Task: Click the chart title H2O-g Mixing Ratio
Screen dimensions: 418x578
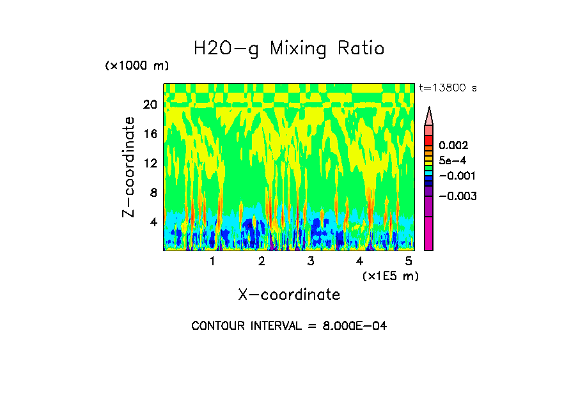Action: click(289, 49)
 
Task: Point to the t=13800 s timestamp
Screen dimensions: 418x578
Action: click(448, 88)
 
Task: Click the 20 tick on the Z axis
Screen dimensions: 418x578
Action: click(150, 105)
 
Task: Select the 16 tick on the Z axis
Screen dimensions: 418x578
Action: click(150, 134)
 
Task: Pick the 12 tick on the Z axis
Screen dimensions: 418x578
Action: click(150, 164)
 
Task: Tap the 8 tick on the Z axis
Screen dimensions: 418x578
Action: click(153, 193)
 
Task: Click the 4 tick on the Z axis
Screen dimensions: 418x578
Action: click(153, 222)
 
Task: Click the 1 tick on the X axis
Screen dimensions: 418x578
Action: click(212, 261)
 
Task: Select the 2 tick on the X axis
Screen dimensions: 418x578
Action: click(262, 261)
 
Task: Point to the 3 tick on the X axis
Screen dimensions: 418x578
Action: click(311, 261)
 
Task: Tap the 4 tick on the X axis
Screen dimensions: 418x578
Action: click(360, 261)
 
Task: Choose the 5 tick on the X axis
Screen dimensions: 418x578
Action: click(409, 261)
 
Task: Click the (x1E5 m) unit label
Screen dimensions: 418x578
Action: click(390, 276)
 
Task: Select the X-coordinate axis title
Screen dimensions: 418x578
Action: click(289, 295)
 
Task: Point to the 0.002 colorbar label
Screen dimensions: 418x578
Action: click(453, 146)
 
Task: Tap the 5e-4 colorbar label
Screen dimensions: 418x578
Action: click(453, 161)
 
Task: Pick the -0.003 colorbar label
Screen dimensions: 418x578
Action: click(457, 196)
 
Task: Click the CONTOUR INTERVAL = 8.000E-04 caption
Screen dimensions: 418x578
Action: click(289, 326)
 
